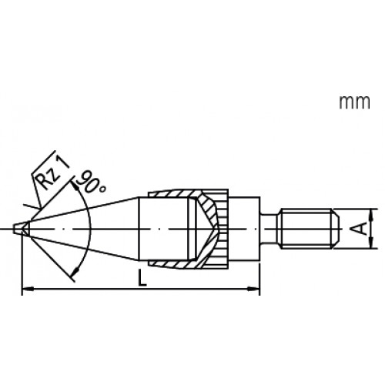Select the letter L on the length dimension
point(139,282)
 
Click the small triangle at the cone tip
point(23,229)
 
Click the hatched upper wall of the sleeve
point(173,193)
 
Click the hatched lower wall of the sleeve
point(173,264)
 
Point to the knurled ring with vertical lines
point(223,229)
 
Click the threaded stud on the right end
point(308,229)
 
